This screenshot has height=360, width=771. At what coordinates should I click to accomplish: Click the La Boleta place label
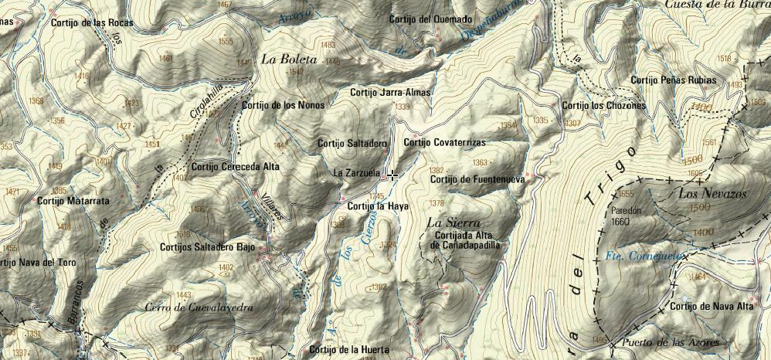[x=288, y=59]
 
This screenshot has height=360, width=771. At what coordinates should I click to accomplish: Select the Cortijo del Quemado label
[x=430, y=19]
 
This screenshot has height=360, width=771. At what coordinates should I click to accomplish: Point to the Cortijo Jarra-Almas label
[x=389, y=92]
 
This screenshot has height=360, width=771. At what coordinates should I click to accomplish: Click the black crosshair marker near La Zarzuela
[x=392, y=175]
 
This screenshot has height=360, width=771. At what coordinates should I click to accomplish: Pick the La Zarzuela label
[x=355, y=173]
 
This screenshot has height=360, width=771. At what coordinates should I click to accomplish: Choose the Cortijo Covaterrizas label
[x=444, y=143]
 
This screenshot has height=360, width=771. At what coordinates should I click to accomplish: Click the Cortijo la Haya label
[x=378, y=207]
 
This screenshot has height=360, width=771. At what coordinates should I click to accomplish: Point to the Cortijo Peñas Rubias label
[x=673, y=80]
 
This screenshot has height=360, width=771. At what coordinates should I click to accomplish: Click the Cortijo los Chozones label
[x=603, y=106]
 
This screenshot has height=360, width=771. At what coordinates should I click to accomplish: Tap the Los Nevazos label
[x=712, y=194]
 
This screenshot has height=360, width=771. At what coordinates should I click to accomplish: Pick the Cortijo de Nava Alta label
[x=712, y=307]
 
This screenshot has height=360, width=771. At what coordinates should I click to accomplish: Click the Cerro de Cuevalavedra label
[x=199, y=307]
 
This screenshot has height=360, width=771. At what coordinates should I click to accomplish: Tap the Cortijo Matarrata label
[x=73, y=201]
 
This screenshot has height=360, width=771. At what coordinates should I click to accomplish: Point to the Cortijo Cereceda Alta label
[x=235, y=165]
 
